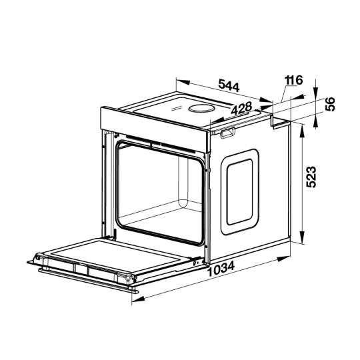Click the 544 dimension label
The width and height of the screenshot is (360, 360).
(x=229, y=85)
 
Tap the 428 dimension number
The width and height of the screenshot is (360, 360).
(x=241, y=108)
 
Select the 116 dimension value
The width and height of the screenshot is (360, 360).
(x=293, y=80)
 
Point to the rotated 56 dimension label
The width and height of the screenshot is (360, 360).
(x=330, y=104)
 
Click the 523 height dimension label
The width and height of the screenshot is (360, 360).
(x=311, y=177)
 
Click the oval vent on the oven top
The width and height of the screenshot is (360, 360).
(x=201, y=108)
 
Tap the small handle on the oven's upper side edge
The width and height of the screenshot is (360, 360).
(x=227, y=133)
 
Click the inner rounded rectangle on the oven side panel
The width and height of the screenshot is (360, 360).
(x=240, y=192)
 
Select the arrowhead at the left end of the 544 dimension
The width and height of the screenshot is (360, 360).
(x=183, y=82)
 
